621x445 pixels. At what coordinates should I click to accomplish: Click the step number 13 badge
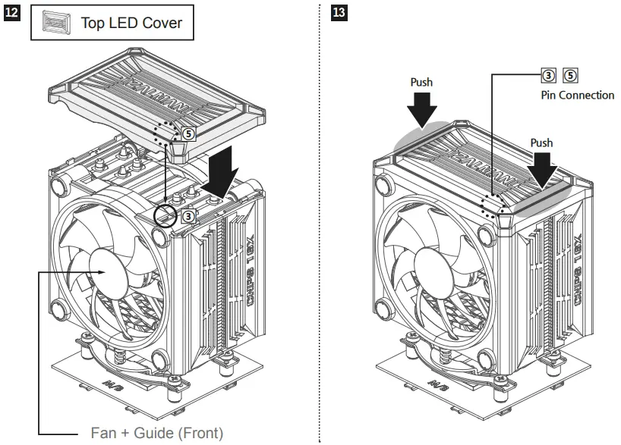coord(339,14)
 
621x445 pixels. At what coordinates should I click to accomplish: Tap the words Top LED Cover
coord(132,24)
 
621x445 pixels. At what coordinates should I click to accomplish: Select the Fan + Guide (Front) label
coord(157,433)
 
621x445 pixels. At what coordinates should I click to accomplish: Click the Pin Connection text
coord(578,96)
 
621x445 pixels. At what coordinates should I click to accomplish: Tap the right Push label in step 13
coord(541,143)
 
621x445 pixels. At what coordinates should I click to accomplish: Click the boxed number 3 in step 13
coord(547,75)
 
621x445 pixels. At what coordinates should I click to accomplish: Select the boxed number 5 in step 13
coord(571,75)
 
